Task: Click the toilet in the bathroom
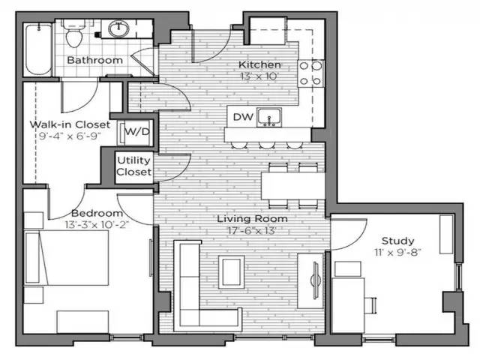74,34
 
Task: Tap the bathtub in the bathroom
38,49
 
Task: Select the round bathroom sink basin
118,29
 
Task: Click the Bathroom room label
95,60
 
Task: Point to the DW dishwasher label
243,117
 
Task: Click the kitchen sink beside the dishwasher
269,117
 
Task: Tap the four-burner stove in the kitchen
310,73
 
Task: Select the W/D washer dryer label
137,132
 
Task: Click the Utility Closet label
134,166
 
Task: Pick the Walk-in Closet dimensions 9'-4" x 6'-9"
70,136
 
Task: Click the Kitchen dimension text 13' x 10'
259,76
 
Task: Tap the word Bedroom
97,213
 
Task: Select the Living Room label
252,218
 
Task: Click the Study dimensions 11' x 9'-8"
397,252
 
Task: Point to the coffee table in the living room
231,271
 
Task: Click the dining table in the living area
293,186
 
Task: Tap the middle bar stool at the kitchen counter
265,145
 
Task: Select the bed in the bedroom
67,258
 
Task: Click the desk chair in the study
370,305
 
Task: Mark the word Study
397,241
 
